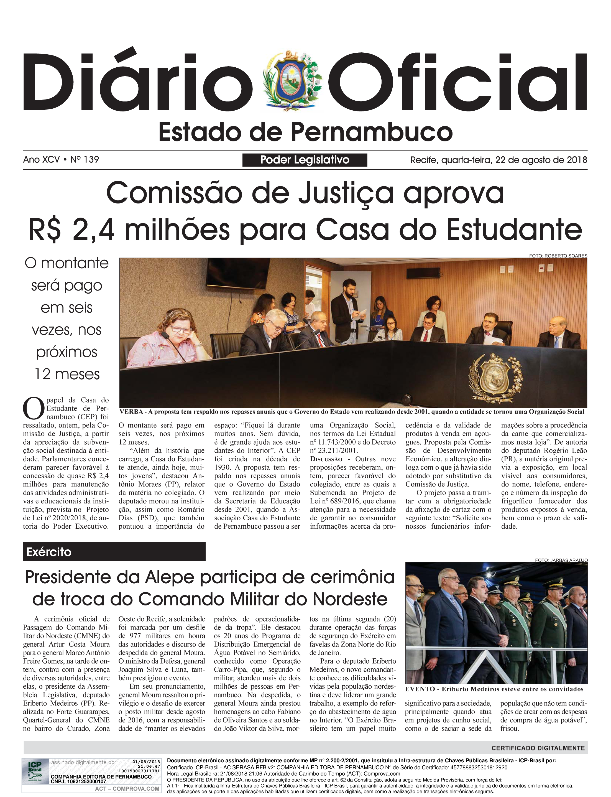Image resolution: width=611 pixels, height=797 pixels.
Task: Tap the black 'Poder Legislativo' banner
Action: [305, 160]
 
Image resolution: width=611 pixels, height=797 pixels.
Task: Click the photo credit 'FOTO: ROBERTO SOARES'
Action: [558, 256]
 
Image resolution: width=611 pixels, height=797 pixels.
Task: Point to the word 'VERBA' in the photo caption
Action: [131, 412]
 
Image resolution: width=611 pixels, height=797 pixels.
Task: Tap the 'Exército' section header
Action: [49, 552]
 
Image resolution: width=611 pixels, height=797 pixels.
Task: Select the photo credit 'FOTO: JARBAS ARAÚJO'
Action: [561, 560]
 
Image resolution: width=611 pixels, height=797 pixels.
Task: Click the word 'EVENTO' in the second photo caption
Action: [420, 689]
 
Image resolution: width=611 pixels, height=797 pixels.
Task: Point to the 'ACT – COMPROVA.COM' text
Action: [127, 789]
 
